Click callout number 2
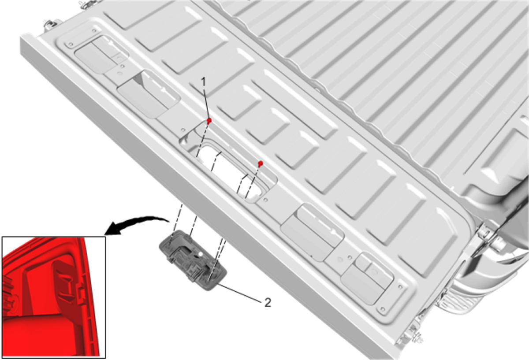[x=268, y=302]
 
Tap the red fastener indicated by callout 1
[x=209, y=121]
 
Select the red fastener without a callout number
[x=260, y=163]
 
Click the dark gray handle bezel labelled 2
[x=193, y=260]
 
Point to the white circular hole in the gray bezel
[x=200, y=255]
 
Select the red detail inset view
[x=54, y=297]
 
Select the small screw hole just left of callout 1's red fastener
[x=183, y=130]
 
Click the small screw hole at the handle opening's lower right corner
[x=265, y=200]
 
